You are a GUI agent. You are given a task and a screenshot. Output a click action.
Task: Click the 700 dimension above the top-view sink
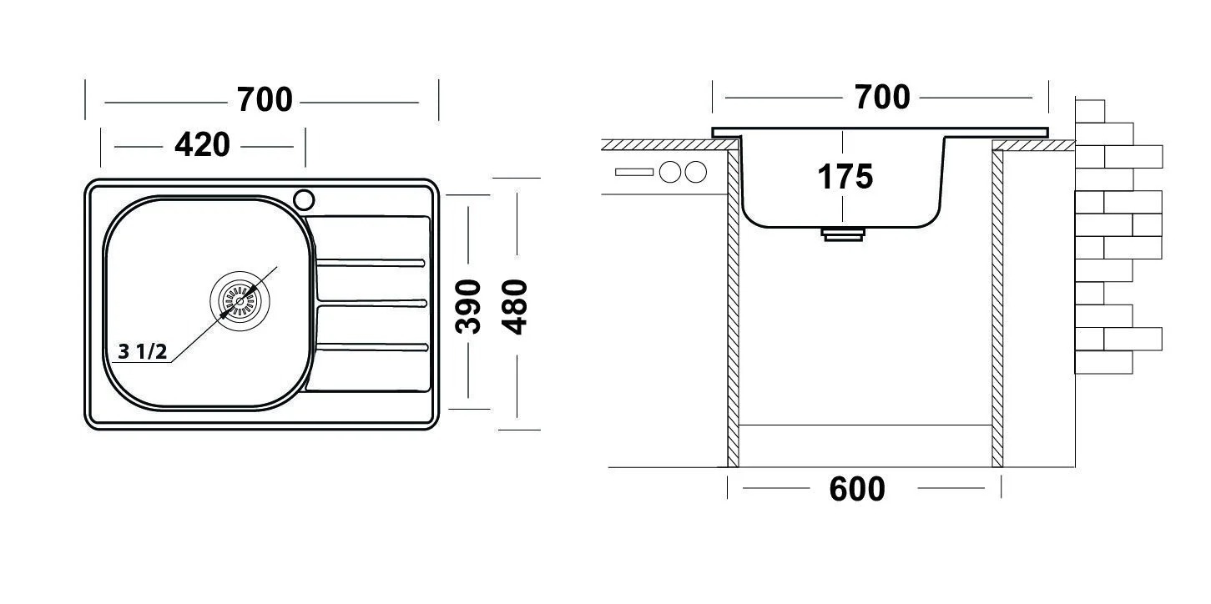[265, 100]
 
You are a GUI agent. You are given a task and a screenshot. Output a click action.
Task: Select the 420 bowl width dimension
[202, 145]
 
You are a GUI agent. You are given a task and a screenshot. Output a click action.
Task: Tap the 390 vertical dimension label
[468, 306]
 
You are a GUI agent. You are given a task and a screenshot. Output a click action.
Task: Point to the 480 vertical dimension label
[514, 306]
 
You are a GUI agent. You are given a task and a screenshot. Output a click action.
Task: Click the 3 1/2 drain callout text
[143, 352]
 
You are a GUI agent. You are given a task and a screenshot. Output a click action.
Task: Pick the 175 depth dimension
[845, 177]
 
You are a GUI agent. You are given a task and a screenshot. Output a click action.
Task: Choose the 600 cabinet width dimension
[857, 489]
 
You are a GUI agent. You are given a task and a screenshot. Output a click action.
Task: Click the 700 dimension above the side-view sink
[882, 98]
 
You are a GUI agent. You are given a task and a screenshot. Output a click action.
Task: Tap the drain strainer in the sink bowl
[240, 301]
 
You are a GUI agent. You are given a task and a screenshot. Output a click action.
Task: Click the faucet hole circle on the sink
[304, 200]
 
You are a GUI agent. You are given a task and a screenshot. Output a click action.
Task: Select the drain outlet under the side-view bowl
[843, 234]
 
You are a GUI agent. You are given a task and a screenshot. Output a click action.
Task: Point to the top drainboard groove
[371, 263]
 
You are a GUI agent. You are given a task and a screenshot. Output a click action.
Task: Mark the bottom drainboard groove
[372, 347]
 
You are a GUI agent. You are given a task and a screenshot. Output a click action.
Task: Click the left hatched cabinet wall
[733, 308]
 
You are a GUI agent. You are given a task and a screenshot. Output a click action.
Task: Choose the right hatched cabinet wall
[997, 308]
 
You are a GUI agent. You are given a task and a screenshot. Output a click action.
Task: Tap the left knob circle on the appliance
[670, 172]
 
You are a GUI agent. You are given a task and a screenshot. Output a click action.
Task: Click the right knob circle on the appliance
[696, 172]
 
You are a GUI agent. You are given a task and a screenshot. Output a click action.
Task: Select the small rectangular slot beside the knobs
[634, 173]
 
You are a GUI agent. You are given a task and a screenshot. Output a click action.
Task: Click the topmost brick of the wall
[1090, 111]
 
